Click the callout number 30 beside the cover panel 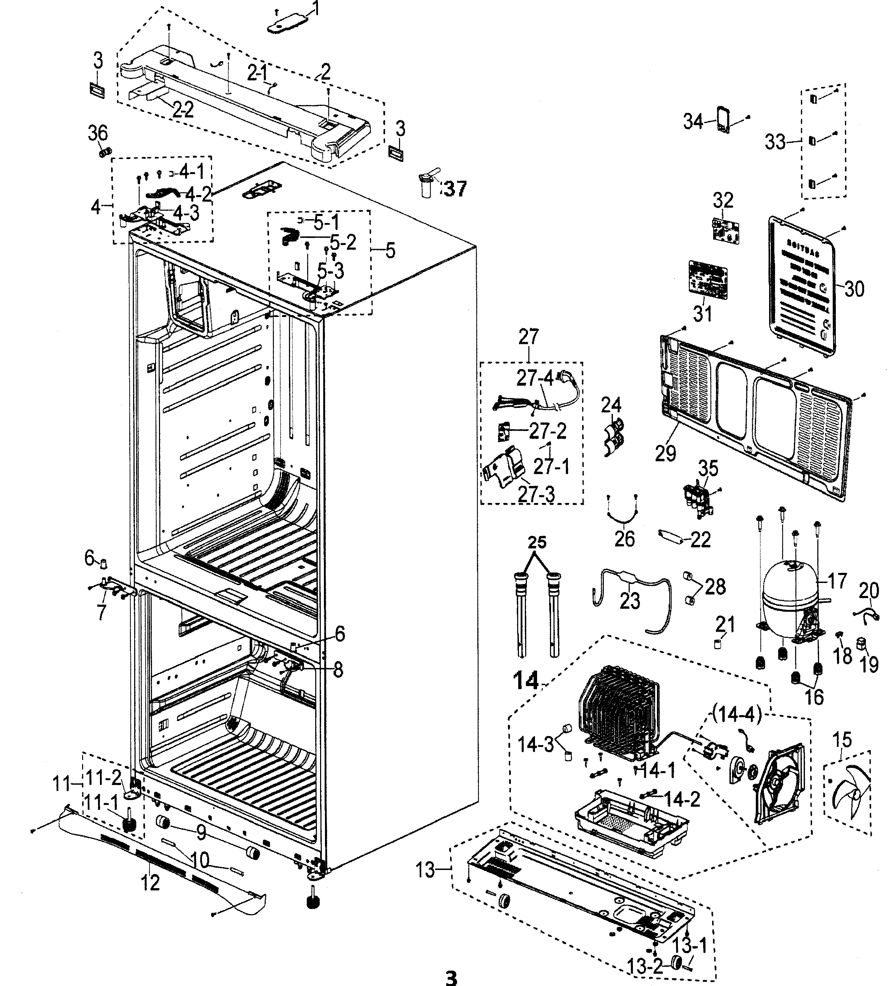click(853, 289)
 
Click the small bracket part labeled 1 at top click(289, 23)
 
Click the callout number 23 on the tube click(629, 600)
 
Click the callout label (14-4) click(737, 715)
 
